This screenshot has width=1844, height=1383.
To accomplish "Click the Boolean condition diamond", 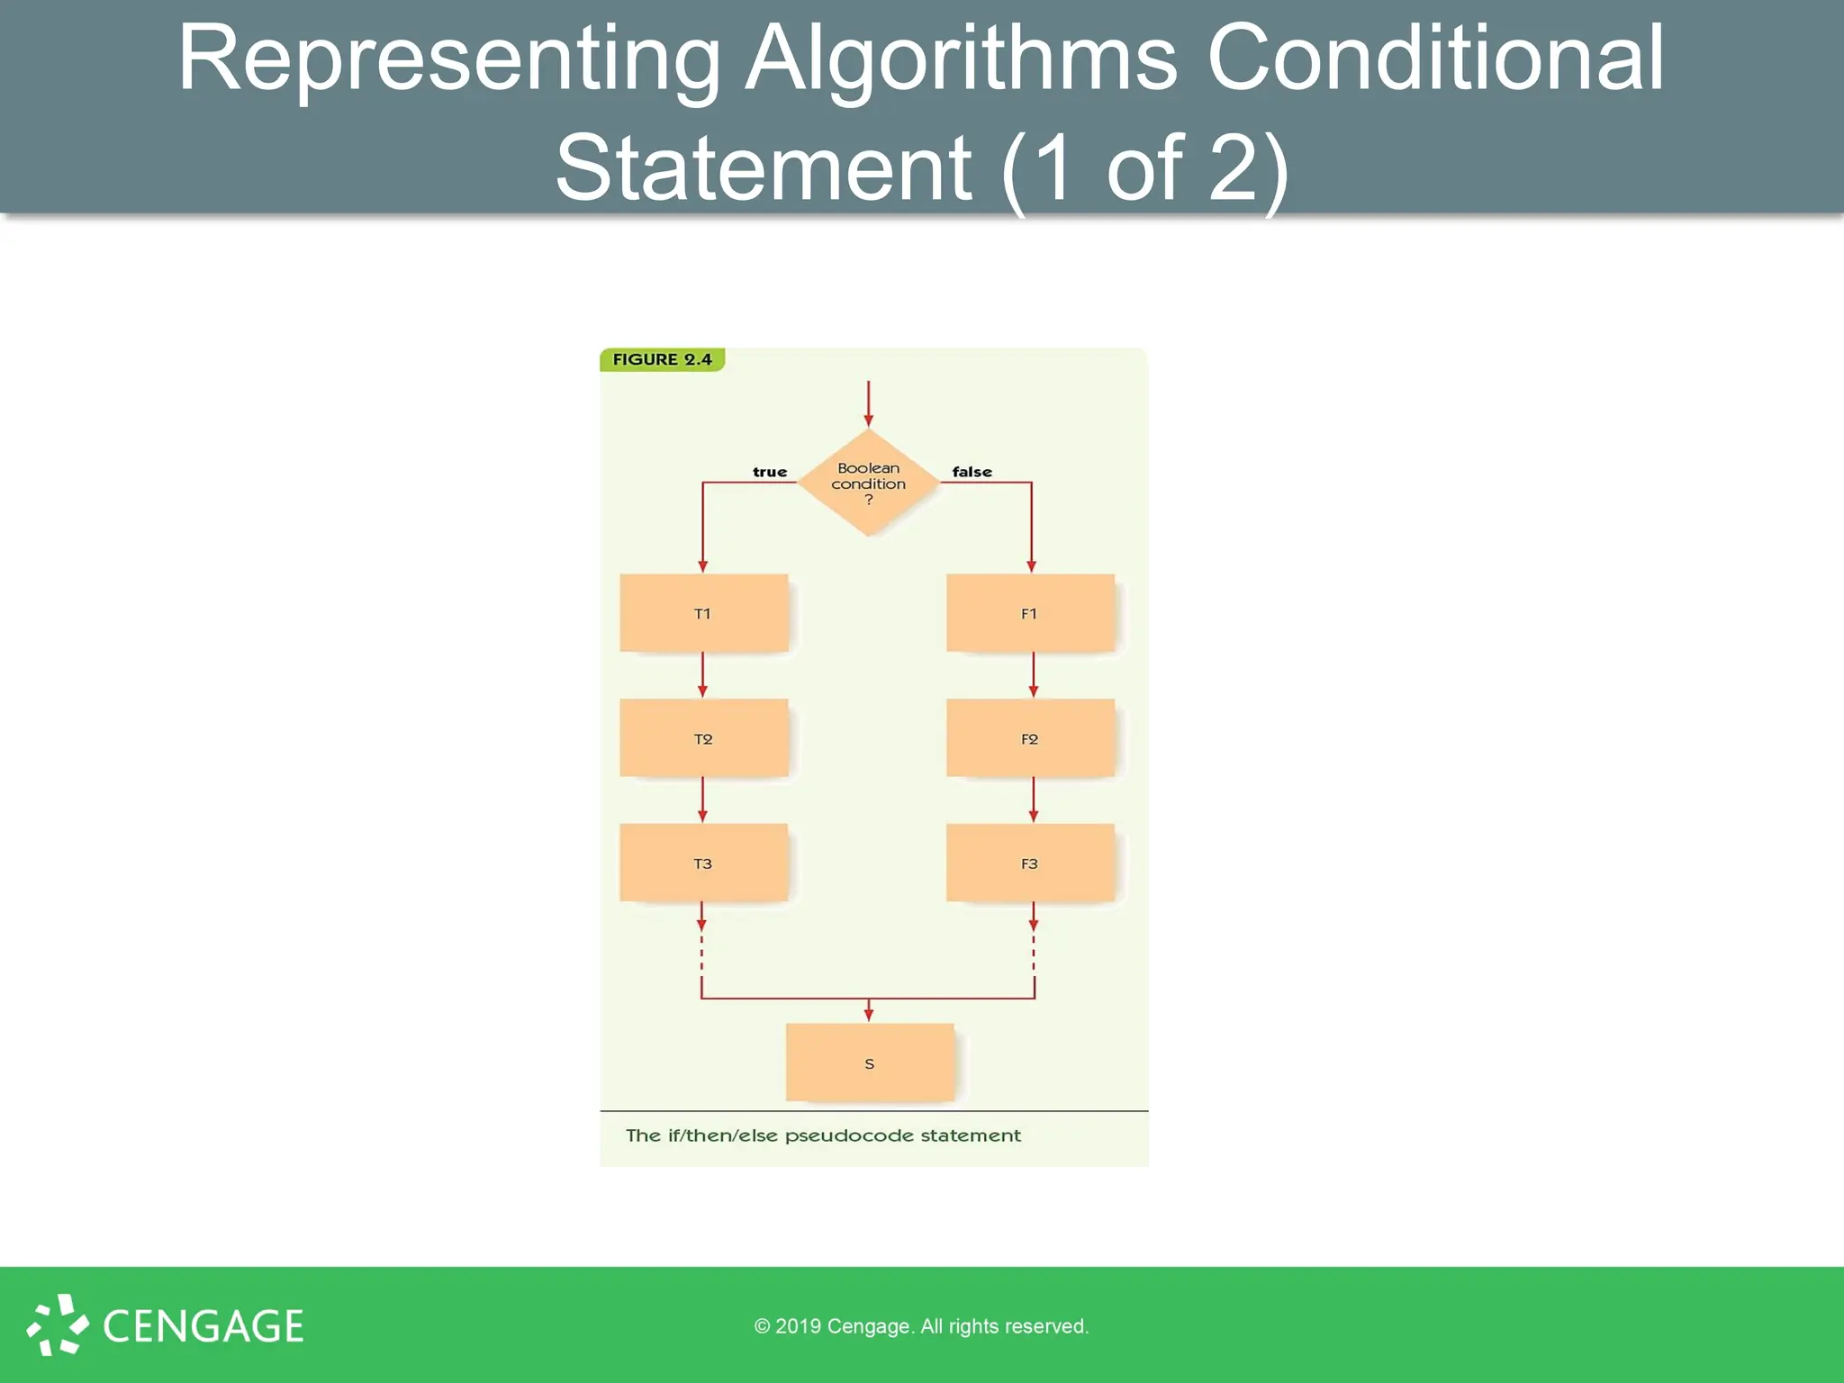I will coord(868,483).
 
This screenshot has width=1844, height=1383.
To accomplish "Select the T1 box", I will coord(703,613).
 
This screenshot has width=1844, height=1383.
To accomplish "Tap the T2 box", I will coord(703,738).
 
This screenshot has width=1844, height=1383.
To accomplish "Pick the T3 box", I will coord(703,863).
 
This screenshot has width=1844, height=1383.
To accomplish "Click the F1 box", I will coord(1030,613).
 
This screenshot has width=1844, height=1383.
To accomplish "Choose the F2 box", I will coord(1030,738).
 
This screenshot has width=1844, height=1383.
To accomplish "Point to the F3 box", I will coord(1030,863).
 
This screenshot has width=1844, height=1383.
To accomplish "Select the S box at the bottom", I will coord(869,1062).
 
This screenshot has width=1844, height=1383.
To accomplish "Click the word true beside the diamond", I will coord(770,472).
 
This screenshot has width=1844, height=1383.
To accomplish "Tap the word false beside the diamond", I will coord(972,472).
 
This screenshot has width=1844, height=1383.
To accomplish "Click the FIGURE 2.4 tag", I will coord(662,359).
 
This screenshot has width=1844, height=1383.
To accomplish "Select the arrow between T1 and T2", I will coord(702,674).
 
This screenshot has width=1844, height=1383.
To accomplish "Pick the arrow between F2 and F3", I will coord(1033,800).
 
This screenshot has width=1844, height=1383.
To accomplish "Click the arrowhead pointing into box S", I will coord(868,1015).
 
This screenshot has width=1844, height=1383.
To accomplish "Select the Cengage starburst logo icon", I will coord(58,1324).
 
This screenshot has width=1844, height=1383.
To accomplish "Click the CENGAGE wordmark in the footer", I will coord(203,1326).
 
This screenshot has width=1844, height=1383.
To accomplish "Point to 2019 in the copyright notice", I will coord(798,1326).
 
